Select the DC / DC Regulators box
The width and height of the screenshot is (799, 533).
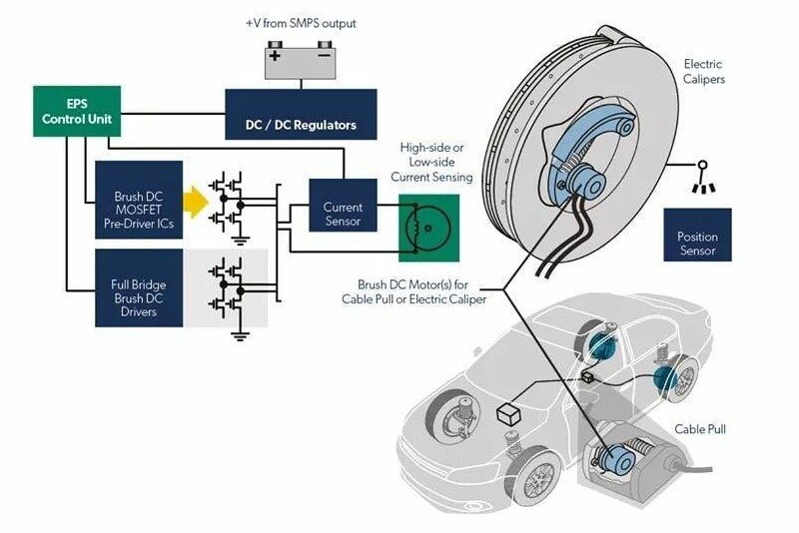[x=301, y=114]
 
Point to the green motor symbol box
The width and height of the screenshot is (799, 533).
[x=430, y=229]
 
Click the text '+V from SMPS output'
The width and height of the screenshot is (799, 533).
[x=300, y=22]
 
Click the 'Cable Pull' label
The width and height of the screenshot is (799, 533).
[x=700, y=429]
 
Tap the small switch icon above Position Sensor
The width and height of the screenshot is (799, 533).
[x=703, y=174]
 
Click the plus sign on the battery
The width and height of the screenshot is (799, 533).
[x=275, y=55]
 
